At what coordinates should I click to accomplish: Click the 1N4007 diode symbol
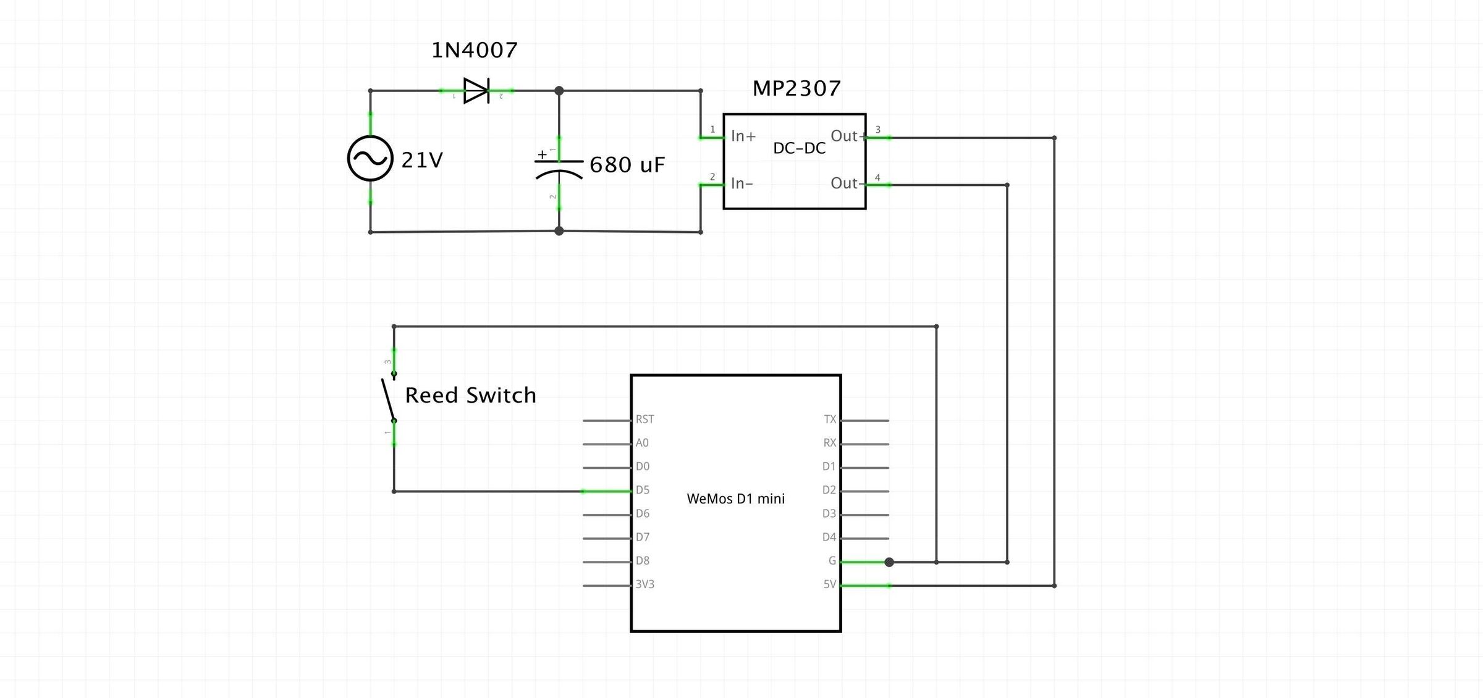[x=476, y=91]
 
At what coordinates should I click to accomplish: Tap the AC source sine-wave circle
[x=370, y=159]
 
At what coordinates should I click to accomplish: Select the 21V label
[x=422, y=161]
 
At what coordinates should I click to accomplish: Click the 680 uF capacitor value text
[x=627, y=165]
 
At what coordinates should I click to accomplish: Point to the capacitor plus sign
[x=542, y=154]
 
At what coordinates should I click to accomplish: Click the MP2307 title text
[x=796, y=88]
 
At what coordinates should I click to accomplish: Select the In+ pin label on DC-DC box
[x=743, y=136]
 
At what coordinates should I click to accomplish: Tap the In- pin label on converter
[x=741, y=183]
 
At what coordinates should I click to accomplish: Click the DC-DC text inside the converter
[x=799, y=148]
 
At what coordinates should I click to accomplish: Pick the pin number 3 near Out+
[x=877, y=130]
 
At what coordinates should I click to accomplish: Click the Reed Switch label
[x=470, y=395]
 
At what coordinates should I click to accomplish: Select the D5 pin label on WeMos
[x=643, y=490]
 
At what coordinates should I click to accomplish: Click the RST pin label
[x=644, y=419]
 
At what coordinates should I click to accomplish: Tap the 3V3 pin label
[x=644, y=584]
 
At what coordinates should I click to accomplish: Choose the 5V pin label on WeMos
[x=829, y=584]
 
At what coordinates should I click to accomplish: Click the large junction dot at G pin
[x=889, y=562]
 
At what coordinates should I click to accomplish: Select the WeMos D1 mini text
[x=735, y=498]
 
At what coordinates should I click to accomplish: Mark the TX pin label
[x=829, y=419]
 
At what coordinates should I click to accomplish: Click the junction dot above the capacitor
[x=559, y=91]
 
